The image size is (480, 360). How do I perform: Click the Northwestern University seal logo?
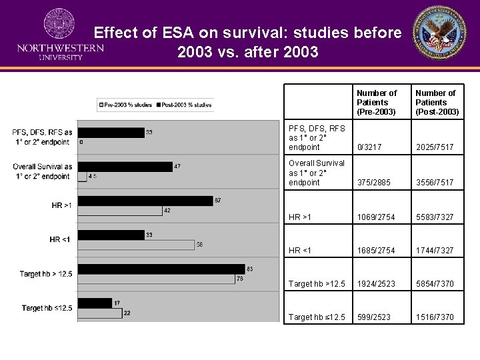click(x=59, y=25)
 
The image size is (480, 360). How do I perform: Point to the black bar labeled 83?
click(x=161, y=269)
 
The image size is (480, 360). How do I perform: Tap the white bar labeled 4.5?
click(x=82, y=177)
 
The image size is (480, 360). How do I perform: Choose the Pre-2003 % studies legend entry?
click(x=127, y=105)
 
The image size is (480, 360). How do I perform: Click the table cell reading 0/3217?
click(x=369, y=147)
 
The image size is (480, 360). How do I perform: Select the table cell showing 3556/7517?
click(x=433, y=183)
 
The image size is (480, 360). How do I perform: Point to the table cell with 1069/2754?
click(x=375, y=217)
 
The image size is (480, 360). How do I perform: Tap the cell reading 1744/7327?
click(x=434, y=251)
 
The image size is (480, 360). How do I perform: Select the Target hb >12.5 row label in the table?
click(x=317, y=284)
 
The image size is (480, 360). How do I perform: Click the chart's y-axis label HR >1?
click(x=61, y=205)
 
